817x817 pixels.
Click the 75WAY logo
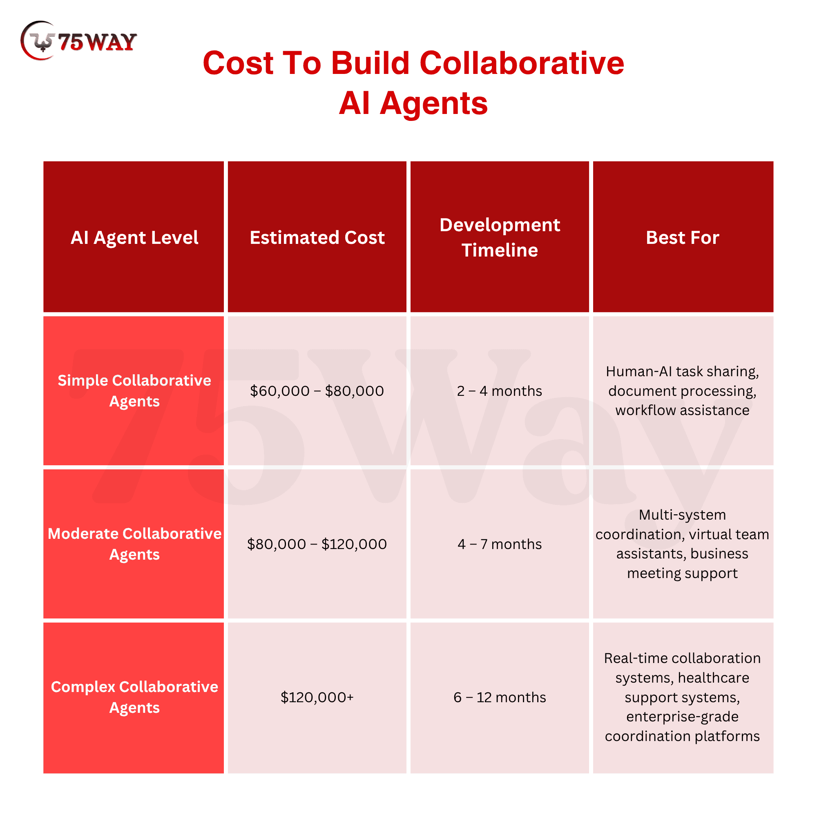click(x=79, y=41)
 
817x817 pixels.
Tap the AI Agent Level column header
click(x=134, y=237)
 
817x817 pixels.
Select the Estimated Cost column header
click(x=317, y=237)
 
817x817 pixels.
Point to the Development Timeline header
click(x=500, y=237)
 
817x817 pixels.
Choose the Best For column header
click(x=683, y=237)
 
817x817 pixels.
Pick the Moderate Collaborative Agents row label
click(x=134, y=544)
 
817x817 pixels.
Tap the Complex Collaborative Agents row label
click(x=134, y=697)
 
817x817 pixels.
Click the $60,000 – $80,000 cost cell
click(x=317, y=391)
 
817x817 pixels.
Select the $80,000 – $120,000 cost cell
click(x=317, y=544)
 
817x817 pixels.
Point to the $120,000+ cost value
click(x=317, y=697)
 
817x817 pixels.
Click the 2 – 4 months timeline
click(x=500, y=391)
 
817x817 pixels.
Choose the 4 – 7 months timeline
click(x=500, y=544)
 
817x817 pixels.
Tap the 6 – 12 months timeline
click(x=500, y=697)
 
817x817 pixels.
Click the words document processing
click(x=682, y=391)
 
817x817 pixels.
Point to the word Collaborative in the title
click(x=522, y=63)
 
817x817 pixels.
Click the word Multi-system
click(x=682, y=515)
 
